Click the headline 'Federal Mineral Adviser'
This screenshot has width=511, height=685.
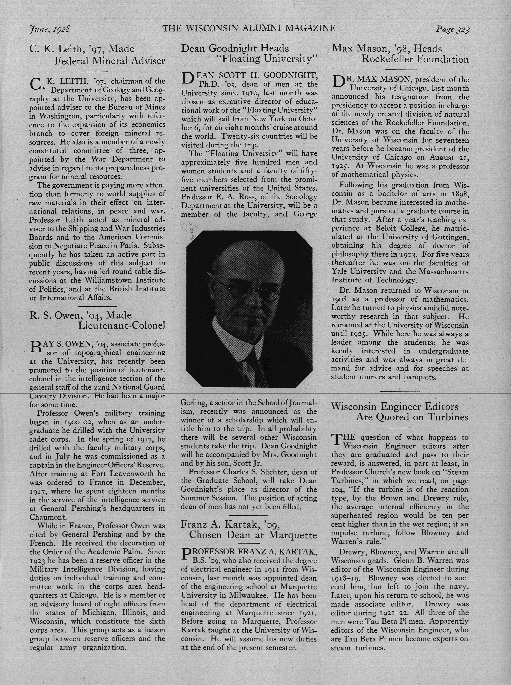click(110, 61)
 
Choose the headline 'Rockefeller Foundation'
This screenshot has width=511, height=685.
click(415, 59)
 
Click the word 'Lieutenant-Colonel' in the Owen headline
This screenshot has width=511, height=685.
click(121, 325)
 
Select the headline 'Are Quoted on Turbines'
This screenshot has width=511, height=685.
click(412, 417)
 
